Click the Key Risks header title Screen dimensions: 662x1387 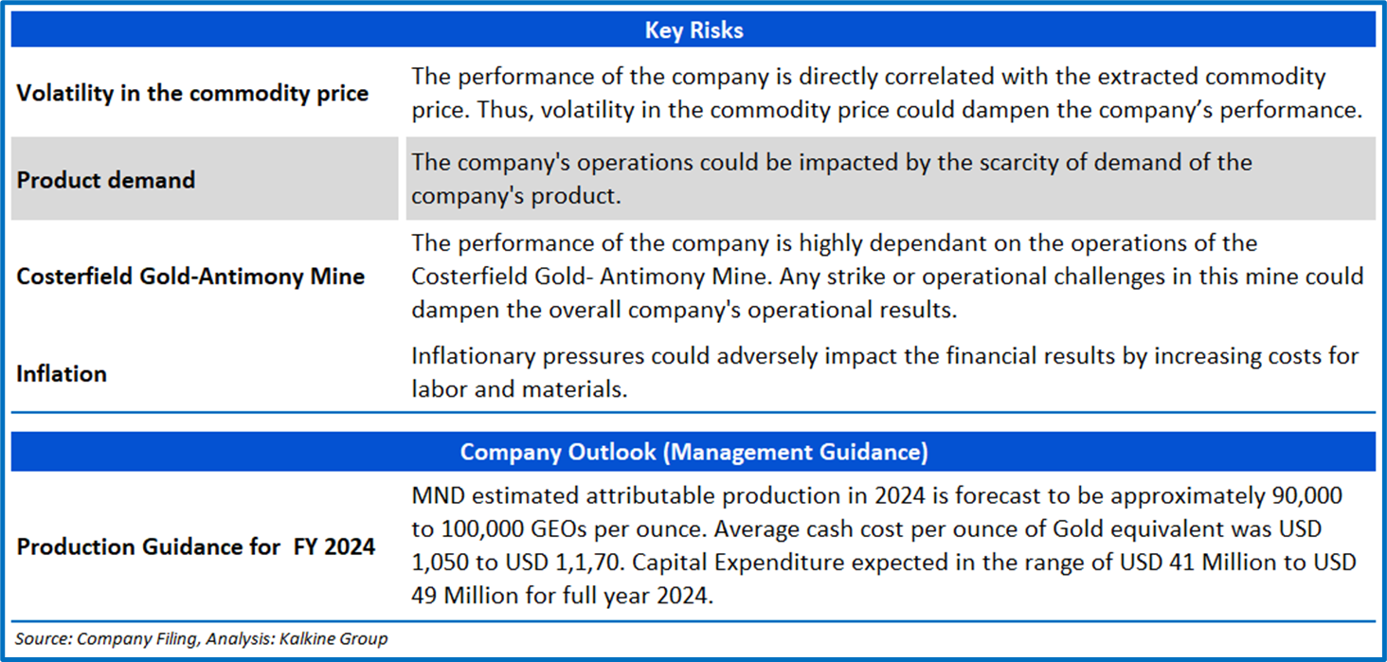[693, 30]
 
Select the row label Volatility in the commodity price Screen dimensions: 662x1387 [192, 94]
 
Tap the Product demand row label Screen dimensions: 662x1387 [106, 180]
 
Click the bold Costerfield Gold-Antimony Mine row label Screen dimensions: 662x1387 [190, 277]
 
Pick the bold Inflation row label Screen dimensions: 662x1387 [62, 374]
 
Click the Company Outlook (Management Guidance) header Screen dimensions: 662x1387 [693, 452]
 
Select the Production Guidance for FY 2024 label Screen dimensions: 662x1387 [195, 547]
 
